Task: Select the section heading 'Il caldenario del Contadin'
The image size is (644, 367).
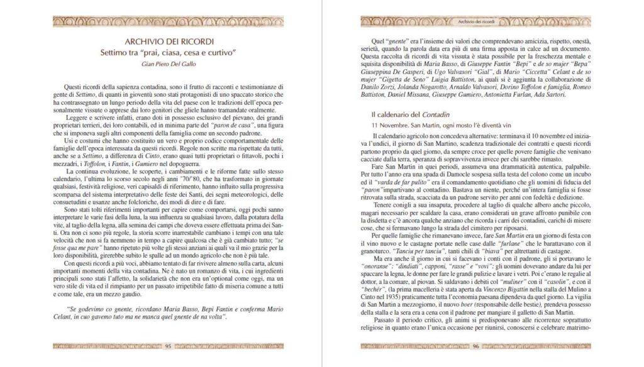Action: [410, 115]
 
